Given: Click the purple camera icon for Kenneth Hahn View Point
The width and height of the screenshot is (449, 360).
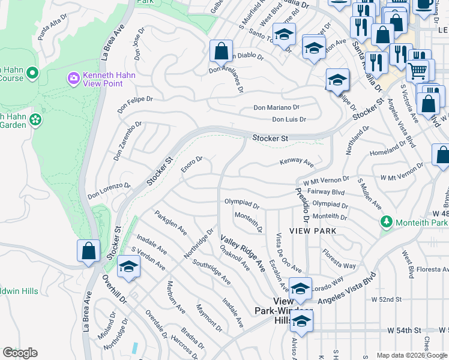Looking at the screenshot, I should click(x=74, y=77).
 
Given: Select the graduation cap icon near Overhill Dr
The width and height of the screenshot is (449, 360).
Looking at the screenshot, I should click(x=128, y=266).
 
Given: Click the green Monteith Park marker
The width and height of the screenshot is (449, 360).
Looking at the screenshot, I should click(x=386, y=222).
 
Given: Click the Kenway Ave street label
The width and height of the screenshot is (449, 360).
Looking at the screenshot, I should click(x=297, y=163).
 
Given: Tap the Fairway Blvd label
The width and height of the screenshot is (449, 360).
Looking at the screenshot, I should click(x=330, y=192).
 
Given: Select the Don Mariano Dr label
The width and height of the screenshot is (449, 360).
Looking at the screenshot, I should click(x=276, y=108).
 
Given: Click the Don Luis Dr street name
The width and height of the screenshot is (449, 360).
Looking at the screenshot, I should click(x=289, y=119).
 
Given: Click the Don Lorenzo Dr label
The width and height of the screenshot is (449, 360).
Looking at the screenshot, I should click(x=109, y=191).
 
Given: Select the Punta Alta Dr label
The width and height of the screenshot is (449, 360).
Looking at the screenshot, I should click(x=52, y=29).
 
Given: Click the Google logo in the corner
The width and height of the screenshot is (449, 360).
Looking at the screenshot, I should click(x=20, y=353).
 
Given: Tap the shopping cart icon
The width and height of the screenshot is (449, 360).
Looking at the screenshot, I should click(x=418, y=70).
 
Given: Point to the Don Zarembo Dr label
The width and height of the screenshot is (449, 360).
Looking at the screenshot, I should click(x=127, y=142).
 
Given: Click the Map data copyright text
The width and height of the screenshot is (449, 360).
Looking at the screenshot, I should click(x=412, y=355).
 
